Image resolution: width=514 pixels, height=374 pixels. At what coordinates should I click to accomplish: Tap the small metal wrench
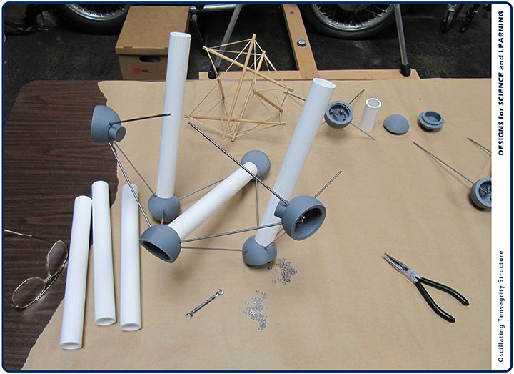point(205,303)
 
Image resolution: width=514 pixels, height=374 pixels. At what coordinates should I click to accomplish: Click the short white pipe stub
point(371,115)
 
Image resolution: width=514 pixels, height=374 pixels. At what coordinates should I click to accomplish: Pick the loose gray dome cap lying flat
point(396,124)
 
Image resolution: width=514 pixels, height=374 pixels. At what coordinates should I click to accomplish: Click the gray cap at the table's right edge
point(481,193)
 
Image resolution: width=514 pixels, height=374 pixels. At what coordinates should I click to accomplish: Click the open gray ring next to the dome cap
point(431,120)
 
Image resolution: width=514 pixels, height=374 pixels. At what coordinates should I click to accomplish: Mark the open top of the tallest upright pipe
point(179,35)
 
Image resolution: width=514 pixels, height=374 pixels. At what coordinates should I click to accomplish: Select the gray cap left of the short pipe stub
point(339,114)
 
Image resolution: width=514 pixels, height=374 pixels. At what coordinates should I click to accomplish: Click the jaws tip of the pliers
point(384,255)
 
